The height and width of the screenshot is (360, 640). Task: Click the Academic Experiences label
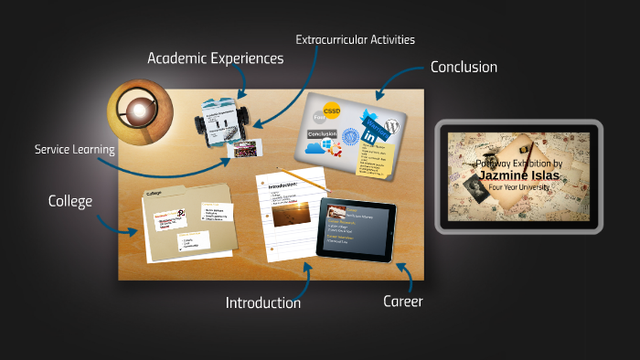click(216, 58)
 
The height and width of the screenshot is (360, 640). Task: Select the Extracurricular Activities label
click(355, 39)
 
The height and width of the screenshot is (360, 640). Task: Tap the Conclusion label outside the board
click(464, 67)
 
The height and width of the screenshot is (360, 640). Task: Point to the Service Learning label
click(74, 149)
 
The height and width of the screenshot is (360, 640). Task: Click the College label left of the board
click(70, 201)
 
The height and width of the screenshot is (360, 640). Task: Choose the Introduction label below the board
click(263, 302)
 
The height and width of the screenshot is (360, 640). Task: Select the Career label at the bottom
click(402, 301)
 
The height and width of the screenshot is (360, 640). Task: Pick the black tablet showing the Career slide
click(357, 228)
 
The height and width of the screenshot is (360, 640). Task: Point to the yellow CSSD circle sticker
click(331, 111)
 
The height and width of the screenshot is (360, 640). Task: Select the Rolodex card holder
click(219, 119)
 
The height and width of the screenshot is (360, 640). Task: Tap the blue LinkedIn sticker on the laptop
click(373, 136)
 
